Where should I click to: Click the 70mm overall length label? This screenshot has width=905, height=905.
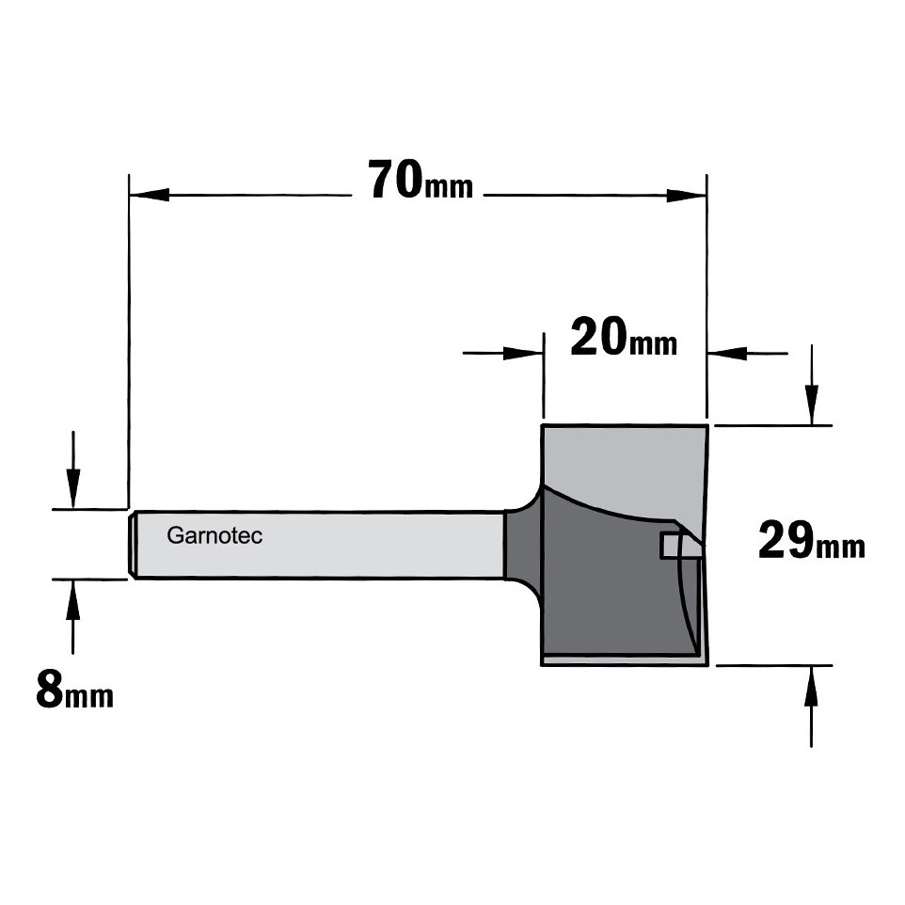tap(421, 181)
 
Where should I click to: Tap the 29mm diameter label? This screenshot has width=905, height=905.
tap(812, 540)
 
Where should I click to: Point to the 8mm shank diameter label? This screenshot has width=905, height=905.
tap(75, 691)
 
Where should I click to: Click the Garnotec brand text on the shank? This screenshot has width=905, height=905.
tap(214, 535)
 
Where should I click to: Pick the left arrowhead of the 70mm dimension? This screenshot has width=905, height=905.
tap(149, 195)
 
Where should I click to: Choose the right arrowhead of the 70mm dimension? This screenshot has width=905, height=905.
tap(687, 195)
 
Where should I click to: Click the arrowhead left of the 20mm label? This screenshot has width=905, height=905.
tap(523, 353)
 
